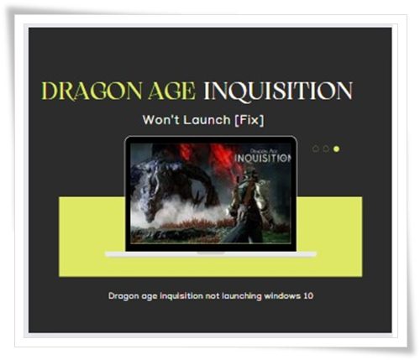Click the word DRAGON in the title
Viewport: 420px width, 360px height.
coord(92,91)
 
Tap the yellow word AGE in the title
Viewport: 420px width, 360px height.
coord(172,91)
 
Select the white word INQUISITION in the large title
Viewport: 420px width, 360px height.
coord(278,91)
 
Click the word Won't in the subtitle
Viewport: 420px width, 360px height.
coord(159,120)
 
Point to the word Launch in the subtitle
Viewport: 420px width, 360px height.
coord(207,120)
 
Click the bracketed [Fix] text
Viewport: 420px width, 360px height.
coord(249,120)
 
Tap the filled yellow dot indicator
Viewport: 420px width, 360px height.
coord(336,149)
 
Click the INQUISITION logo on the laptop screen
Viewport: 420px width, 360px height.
coord(263,158)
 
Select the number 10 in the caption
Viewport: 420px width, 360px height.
coord(308,295)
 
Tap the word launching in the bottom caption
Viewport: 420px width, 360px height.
coord(242,296)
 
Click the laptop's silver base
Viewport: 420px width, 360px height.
coord(211,254)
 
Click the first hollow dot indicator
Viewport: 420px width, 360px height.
coord(316,149)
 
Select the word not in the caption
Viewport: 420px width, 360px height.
coord(213,296)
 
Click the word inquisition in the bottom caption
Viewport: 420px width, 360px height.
coord(181,296)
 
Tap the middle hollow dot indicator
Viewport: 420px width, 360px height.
coord(326,149)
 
